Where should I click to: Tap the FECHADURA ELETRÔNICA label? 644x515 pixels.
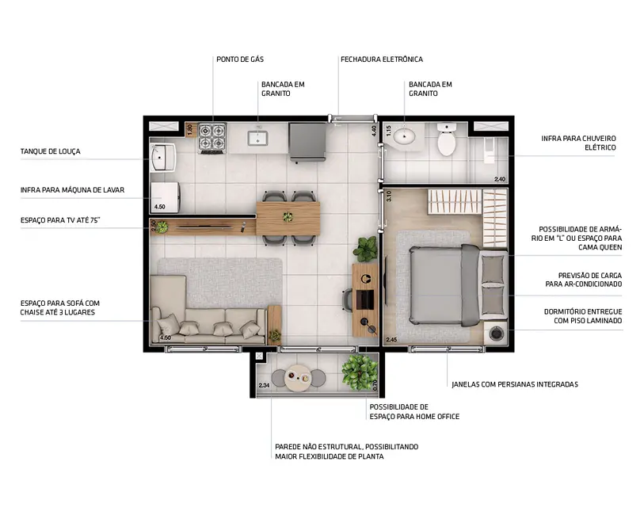(381, 59)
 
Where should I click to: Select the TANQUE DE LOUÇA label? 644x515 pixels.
(50, 151)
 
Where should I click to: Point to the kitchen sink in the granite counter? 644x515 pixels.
(258, 139)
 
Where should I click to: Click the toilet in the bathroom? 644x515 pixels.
(446, 139)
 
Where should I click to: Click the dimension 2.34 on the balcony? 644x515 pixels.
(264, 386)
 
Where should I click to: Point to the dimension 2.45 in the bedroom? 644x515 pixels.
(391, 340)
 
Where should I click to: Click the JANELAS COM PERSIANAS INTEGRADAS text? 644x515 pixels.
(514, 384)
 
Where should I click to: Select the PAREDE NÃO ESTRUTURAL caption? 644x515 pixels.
(346, 452)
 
